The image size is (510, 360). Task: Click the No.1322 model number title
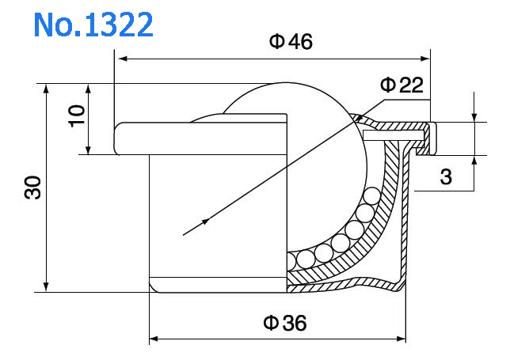[x=93, y=25]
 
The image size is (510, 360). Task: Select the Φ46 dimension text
[x=291, y=42]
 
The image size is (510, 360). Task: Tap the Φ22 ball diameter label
[x=402, y=85]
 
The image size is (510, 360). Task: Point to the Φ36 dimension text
[x=284, y=323]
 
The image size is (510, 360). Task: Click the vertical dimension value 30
[x=32, y=188]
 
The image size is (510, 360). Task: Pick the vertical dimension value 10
[x=76, y=119]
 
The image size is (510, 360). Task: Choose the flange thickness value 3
[x=446, y=178]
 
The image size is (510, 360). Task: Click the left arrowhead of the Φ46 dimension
[x=120, y=58]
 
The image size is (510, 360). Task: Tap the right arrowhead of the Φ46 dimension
[x=425, y=58]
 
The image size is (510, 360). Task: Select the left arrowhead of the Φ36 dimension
[x=154, y=339]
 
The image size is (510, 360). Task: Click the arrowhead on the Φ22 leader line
[x=206, y=222]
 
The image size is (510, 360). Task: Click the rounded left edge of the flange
[x=117, y=138]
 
